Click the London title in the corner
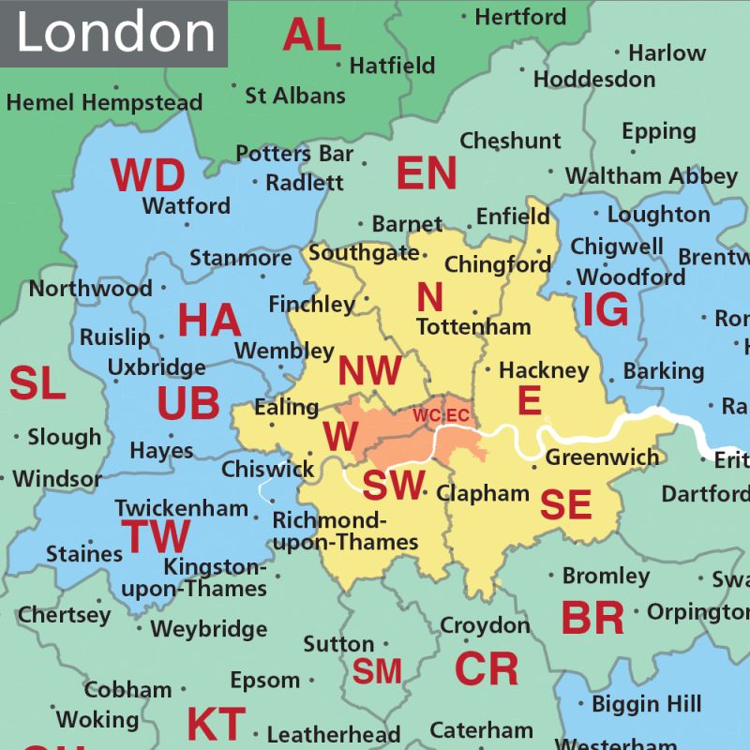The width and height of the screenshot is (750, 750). pyautogui.click(x=114, y=33)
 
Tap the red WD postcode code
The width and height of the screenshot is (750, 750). pyautogui.click(x=148, y=175)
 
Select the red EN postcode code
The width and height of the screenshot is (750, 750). pyautogui.click(x=427, y=173)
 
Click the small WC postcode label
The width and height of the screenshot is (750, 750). pyautogui.click(x=427, y=414)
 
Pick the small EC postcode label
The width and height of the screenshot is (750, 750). pyautogui.click(x=457, y=414)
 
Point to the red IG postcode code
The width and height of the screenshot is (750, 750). pyautogui.click(x=606, y=310)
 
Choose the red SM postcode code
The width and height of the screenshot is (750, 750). pyautogui.click(x=377, y=671)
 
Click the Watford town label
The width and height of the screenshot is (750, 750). pyautogui.click(x=186, y=205)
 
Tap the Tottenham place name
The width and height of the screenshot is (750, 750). pyautogui.click(x=473, y=327)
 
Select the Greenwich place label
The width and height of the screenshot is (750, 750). pyautogui.click(x=602, y=457)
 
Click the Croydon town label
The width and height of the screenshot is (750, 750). pyautogui.click(x=485, y=624)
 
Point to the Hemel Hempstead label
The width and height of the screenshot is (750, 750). pyautogui.click(x=104, y=102)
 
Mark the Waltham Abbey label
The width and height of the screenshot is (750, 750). pyautogui.click(x=652, y=176)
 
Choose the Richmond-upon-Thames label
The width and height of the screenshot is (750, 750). pyautogui.click(x=345, y=531)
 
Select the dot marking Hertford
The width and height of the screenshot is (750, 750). pyautogui.click(x=464, y=16)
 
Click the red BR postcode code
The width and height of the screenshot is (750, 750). pyautogui.click(x=592, y=619)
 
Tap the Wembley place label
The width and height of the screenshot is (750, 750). pyautogui.click(x=284, y=351)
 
